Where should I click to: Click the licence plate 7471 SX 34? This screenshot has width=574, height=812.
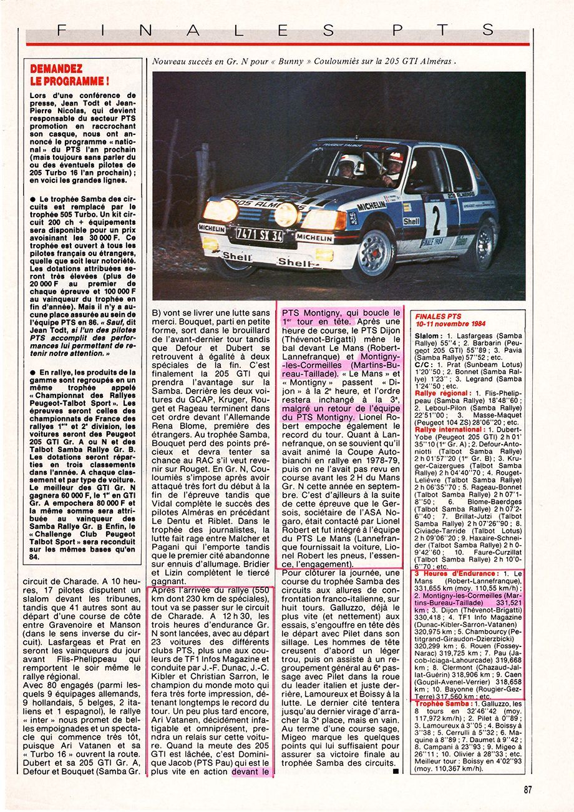[x=259, y=235]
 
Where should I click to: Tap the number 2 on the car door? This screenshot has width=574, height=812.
[x=436, y=220]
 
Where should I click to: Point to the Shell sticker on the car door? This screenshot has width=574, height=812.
[x=411, y=221]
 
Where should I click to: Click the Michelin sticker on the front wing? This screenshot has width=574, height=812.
[x=372, y=206]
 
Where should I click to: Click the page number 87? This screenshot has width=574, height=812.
[x=528, y=790]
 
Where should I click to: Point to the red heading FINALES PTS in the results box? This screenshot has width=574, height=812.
[x=438, y=317]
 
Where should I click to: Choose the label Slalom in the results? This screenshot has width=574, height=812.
[x=428, y=336]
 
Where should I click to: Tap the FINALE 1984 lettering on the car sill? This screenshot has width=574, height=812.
[x=432, y=242]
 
